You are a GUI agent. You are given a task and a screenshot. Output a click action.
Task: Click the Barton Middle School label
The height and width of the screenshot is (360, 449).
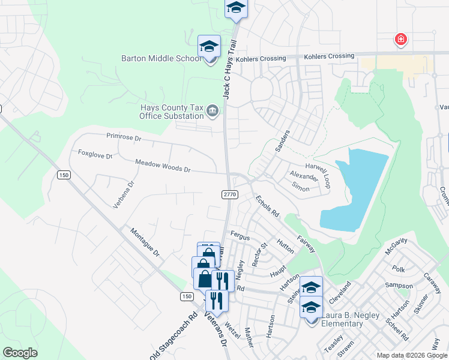coord(161,59)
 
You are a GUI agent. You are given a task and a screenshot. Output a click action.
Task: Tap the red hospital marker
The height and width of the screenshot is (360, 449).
coord(400,40)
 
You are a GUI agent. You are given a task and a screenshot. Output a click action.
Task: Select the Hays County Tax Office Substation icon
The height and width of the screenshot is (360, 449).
coord(212,111)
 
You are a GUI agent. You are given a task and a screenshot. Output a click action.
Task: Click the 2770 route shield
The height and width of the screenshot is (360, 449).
coord(230,194)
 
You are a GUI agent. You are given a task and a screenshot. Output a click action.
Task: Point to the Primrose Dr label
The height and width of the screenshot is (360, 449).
coord(123,137)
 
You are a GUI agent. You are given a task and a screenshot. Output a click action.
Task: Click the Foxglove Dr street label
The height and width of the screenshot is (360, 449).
coord(95,154)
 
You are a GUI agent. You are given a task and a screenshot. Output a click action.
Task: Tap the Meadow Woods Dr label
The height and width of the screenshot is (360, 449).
coord(162,166)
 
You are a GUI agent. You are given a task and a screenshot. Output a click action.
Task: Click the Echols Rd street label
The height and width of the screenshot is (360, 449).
coord(267,206)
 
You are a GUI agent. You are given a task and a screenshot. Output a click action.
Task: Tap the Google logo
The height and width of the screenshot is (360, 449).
coord(20,353)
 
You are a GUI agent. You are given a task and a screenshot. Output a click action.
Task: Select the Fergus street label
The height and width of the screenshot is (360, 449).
coord(240,238)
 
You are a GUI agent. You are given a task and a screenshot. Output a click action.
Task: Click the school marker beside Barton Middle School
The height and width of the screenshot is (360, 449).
coord(209,47)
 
